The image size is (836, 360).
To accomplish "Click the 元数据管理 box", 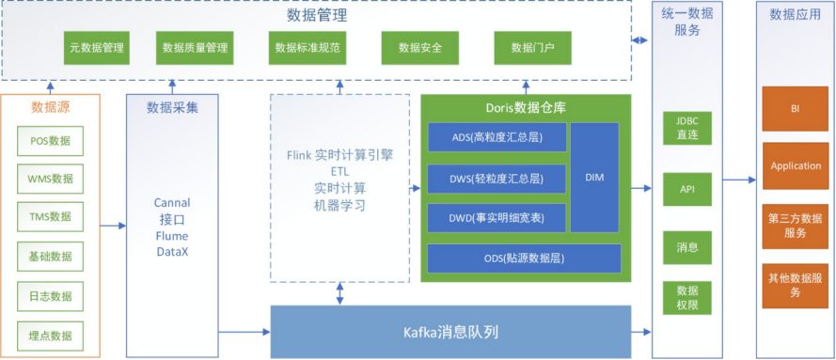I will point(98,48).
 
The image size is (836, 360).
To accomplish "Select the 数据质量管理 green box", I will point(195,48).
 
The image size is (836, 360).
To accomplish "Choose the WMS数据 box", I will point(50,179).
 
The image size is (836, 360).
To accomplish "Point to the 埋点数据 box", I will point(50,335).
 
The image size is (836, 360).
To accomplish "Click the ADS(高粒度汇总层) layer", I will point(497,137).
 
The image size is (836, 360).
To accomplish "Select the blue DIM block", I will point(594,177).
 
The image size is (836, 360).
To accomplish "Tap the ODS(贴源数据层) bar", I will point(524,258).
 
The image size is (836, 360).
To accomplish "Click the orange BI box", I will point(796,109).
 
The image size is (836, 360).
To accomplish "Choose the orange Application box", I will point(796,165).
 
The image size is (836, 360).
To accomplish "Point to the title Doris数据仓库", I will point(525,107).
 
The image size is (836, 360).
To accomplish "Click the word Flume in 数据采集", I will point(171,236).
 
